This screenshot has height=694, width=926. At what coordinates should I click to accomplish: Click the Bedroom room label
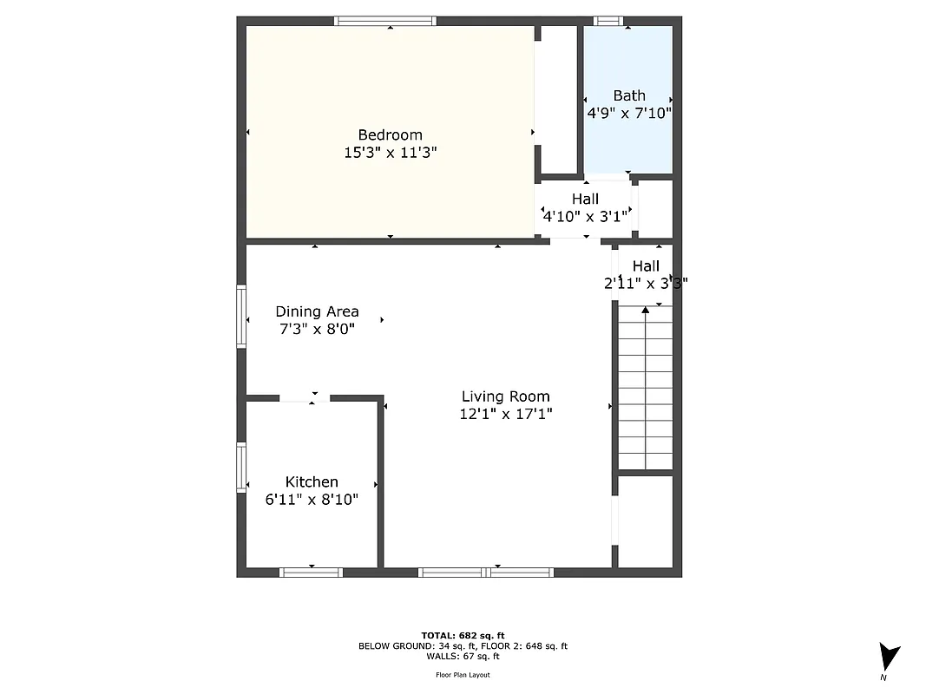[390, 134]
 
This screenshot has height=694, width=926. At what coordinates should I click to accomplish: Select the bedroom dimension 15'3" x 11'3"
[390, 153]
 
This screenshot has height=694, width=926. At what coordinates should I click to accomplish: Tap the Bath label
[629, 95]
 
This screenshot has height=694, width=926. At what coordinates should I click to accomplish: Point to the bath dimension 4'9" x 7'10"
[629, 113]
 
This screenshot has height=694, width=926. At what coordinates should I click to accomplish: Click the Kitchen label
[312, 481]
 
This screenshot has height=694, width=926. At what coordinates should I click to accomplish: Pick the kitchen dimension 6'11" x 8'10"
[312, 499]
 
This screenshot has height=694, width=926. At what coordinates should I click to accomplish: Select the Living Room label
[505, 396]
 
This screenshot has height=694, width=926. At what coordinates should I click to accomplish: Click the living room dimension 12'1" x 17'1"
[505, 414]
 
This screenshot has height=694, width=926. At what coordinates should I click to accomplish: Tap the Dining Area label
[317, 311]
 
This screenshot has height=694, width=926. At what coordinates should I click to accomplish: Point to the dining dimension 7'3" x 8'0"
[317, 329]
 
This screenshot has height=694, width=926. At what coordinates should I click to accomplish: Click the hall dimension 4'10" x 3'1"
[585, 217]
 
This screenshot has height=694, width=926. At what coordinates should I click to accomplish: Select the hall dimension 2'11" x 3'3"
[646, 282]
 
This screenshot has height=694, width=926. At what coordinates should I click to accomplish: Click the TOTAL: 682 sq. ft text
[463, 636]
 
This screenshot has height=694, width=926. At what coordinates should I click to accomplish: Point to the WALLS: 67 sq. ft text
[463, 657]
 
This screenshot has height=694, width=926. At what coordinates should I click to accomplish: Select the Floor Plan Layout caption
[463, 675]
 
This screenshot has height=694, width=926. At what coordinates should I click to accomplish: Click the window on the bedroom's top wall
[384, 21]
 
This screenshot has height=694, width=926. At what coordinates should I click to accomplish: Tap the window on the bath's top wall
[607, 21]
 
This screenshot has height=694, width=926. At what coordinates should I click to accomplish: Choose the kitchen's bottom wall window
[311, 572]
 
